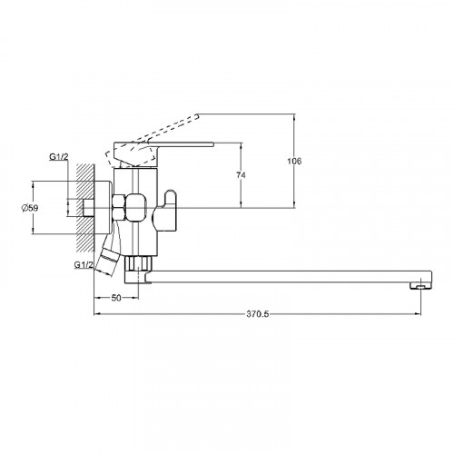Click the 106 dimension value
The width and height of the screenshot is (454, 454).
pos(294,161)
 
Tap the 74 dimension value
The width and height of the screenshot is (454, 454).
pos(241,175)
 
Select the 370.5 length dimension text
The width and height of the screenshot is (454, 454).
pos(257,314)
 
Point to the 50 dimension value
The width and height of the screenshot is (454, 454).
pos(116,298)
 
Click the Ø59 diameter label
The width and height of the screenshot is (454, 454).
pos(30,208)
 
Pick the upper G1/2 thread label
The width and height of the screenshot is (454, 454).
pos(59,157)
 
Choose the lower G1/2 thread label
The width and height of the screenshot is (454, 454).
pos(84,265)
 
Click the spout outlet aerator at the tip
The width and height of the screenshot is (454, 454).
pos(420,285)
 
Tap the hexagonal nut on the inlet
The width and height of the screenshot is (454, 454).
pos(118,208)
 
